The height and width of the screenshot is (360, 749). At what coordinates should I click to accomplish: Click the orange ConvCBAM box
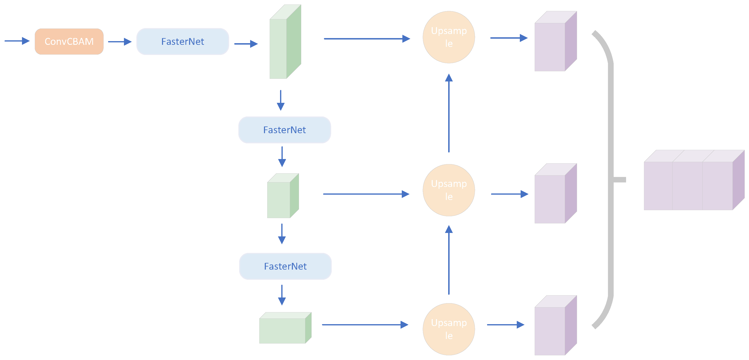tap(69, 42)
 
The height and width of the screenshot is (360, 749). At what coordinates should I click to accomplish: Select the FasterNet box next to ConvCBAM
tap(183, 42)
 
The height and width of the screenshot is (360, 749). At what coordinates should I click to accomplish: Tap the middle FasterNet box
tap(284, 130)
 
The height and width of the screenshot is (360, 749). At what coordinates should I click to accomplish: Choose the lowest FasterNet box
tap(285, 266)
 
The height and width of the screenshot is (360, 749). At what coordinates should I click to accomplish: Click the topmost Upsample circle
tap(449, 37)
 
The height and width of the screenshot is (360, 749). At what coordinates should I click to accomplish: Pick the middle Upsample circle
tap(449, 190)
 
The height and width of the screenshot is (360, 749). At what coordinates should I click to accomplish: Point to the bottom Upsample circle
tap(449, 329)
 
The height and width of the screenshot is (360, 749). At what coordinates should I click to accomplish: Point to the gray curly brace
tap(611, 180)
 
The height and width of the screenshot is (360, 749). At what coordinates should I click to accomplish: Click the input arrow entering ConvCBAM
tap(17, 41)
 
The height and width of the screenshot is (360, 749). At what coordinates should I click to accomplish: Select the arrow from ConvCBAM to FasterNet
tap(119, 42)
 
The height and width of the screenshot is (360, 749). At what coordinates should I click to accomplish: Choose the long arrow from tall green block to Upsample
tap(366, 39)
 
